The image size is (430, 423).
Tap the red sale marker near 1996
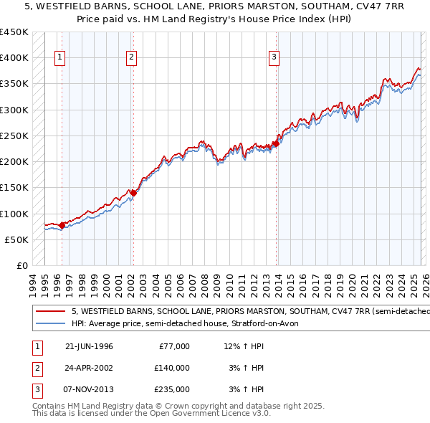62,225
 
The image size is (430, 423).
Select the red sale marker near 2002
133,192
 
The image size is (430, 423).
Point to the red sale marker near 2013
276,143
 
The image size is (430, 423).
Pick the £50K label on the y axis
16,239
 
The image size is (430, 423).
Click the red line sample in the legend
51,312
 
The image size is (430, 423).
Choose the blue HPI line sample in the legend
51,323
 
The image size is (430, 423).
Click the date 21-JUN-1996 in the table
89,346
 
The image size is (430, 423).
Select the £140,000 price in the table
172,367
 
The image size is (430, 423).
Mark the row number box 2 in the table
36,367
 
